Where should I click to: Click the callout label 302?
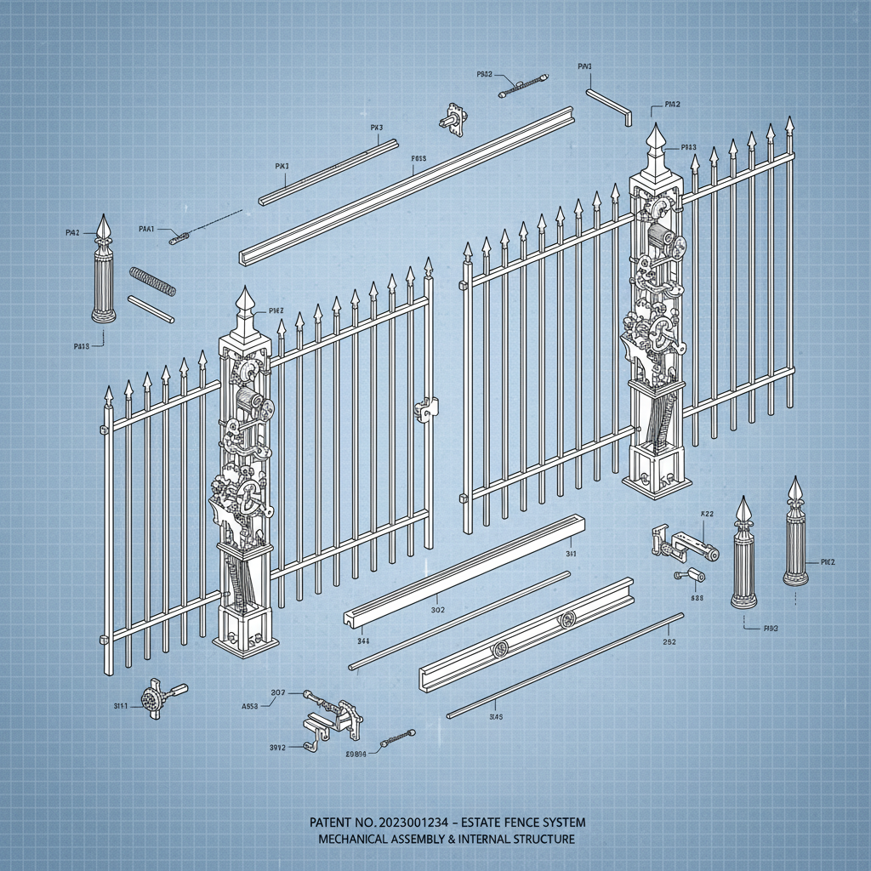pos(438,610)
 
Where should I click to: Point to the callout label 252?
pos(669,642)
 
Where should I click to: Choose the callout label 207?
pos(277,692)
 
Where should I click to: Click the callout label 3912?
pos(277,748)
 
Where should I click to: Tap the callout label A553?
pos(251,706)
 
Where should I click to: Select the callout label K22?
pos(706,514)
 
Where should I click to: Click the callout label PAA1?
pos(146,228)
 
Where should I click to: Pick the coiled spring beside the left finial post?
pos(152,282)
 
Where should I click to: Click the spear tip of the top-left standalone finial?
pos(104,226)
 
